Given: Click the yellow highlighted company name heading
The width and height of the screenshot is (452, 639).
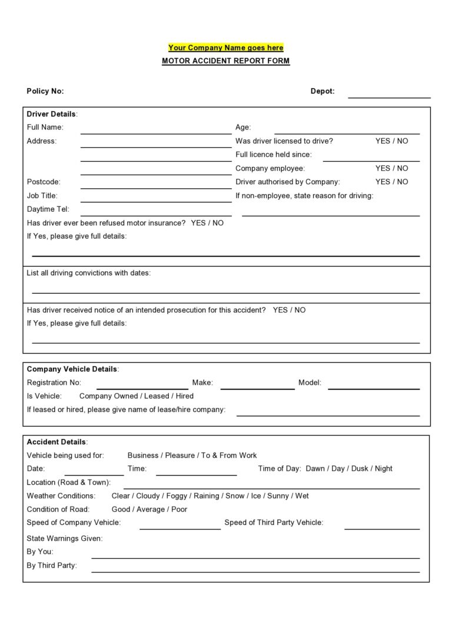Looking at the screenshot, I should pyautogui.click(x=225, y=48).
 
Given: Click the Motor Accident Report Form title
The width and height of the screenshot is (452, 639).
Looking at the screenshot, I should pyautogui.click(x=225, y=61).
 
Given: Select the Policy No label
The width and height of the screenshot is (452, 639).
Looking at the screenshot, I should pyautogui.click(x=45, y=91).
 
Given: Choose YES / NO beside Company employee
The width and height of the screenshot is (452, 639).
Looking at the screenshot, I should pyautogui.click(x=391, y=168).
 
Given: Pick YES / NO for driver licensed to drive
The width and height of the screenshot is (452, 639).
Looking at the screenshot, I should pyautogui.click(x=391, y=141).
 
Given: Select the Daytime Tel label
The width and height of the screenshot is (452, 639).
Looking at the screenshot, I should pyautogui.click(x=48, y=209).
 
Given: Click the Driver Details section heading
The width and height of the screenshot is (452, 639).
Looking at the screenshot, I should pyautogui.click(x=52, y=114).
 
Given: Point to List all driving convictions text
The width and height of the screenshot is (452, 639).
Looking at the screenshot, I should pyautogui.click(x=88, y=273).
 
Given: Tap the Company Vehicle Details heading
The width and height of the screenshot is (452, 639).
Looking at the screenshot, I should pyautogui.click(x=72, y=370).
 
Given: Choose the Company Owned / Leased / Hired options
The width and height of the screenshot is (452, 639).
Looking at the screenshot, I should pyautogui.click(x=136, y=396).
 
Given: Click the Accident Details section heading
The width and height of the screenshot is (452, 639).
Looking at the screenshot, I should pyautogui.click(x=57, y=442).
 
